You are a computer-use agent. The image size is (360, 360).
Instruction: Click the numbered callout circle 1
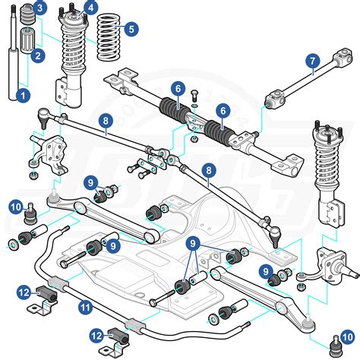(23, 96)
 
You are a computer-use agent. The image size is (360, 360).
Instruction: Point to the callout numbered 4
(90, 8)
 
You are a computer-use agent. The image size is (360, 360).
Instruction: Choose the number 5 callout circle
(131, 29)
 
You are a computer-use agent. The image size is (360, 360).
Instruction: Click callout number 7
(312, 62)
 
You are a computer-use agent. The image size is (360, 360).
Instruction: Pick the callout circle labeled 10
(15, 206)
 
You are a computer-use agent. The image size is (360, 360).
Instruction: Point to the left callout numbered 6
(177, 90)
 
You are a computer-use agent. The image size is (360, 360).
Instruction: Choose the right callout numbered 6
(223, 111)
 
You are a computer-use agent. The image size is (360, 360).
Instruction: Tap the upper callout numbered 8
(105, 119)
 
